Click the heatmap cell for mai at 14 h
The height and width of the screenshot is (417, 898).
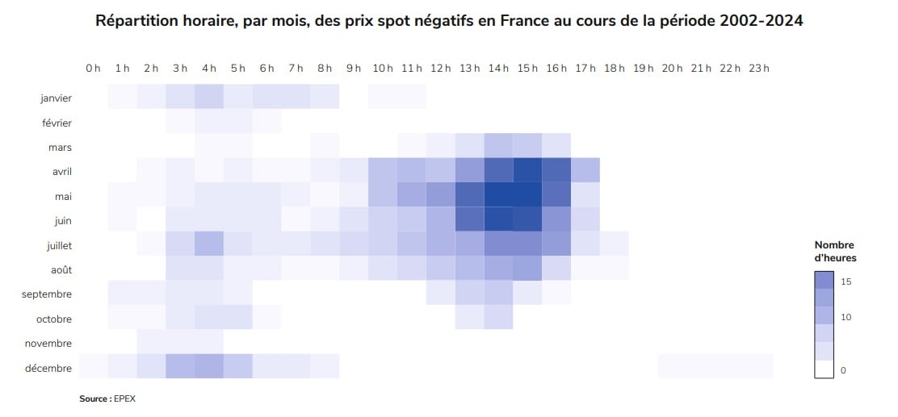(x=498, y=196)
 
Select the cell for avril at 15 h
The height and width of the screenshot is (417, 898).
(x=527, y=172)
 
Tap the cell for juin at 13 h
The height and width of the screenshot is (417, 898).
(x=469, y=220)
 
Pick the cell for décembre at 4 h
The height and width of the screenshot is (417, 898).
(x=209, y=368)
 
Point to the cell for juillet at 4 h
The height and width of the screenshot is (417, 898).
(x=209, y=245)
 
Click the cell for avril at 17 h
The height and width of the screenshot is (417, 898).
(x=585, y=172)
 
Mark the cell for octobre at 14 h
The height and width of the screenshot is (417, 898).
(x=498, y=319)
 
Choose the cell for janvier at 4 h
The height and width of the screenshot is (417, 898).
(x=209, y=98)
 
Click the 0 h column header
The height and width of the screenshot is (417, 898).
(x=94, y=69)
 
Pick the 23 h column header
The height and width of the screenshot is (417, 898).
(x=759, y=69)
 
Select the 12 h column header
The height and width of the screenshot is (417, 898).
(x=441, y=69)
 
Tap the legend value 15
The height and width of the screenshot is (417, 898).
(x=846, y=281)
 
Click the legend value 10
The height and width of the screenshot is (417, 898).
(x=846, y=317)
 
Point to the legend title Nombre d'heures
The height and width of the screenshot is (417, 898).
(x=835, y=251)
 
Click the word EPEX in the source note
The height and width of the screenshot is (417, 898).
(x=126, y=398)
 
